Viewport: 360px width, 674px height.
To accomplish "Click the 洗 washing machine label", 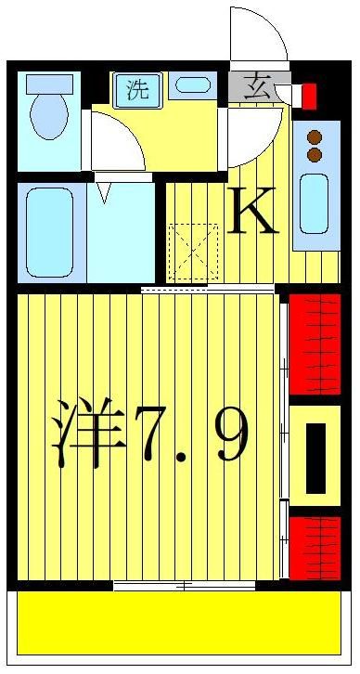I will point(136,90).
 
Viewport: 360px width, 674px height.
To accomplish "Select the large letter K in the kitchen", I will point(251,214).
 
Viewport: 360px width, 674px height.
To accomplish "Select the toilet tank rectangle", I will point(49,84).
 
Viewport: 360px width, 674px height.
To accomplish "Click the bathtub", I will point(49,231).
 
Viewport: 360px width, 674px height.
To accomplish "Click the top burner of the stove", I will point(314,136).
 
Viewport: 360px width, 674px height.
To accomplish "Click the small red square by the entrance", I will point(309,96).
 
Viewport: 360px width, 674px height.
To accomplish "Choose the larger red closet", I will point(315,344).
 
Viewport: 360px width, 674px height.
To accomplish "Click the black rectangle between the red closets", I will point(315,457).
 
